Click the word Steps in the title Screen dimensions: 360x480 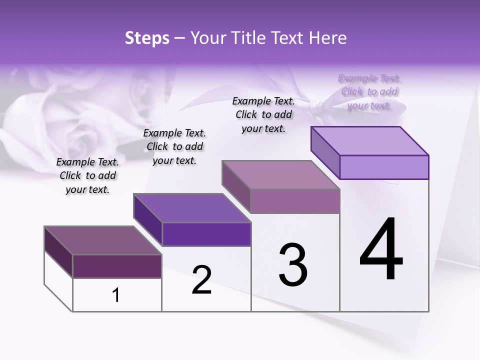[147, 38]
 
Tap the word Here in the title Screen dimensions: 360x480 [325, 38]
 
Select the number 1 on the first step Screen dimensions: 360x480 [116, 295]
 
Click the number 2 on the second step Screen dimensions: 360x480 [201, 280]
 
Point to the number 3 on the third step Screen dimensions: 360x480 [293, 265]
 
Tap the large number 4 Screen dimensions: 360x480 [381, 250]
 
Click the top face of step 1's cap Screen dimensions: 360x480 [102, 240]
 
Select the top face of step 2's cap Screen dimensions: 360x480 [192, 208]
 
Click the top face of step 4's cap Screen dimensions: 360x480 [370, 141]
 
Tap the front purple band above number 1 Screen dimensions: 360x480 [117, 266]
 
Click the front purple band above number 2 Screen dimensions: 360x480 [206, 234]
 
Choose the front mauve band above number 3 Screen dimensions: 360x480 [295, 201]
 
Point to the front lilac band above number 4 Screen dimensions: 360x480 [384, 167]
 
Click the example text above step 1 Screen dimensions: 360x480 [87, 175]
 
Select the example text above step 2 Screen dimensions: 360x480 [174, 146]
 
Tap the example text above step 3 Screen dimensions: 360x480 [263, 114]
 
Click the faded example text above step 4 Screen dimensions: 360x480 [369, 91]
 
